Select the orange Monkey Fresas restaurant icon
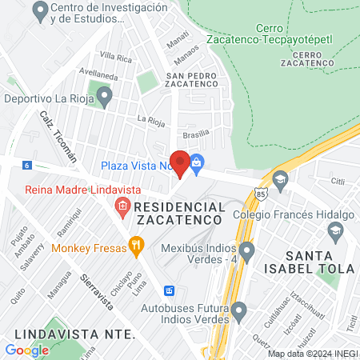click(x=136, y=246)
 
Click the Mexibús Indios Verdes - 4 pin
click(x=247, y=253)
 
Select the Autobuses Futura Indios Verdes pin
click(x=238, y=310)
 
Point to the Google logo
click(x=26, y=350)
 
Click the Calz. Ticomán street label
click(x=58, y=137)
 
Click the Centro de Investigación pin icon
click(x=39, y=11)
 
